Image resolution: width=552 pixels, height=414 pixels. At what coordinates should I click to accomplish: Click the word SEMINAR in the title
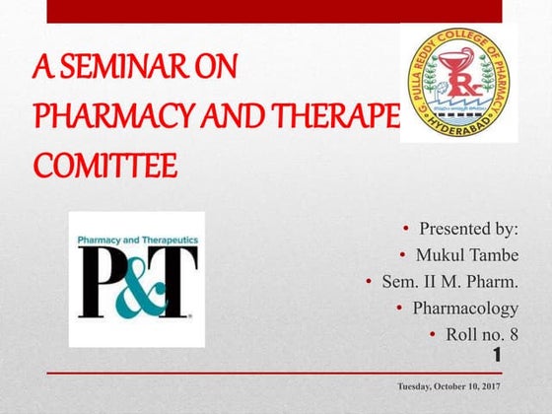pyautogui.click(x=127, y=71)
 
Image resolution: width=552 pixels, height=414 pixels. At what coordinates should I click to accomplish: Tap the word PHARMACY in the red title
pyautogui.click(x=100, y=116)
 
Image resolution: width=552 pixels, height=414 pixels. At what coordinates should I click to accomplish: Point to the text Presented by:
pyautogui.click(x=469, y=229)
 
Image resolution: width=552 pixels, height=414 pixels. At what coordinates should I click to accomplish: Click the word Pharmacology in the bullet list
pyautogui.click(x=464, y=309)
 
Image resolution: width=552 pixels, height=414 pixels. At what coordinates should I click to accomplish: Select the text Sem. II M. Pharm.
pyautogui.click(x=449, y=282)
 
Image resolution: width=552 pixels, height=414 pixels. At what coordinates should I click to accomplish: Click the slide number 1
pyautogui.click(x=497, y=354)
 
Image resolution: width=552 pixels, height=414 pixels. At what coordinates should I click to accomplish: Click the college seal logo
pyautogui.click(x=458, y=83)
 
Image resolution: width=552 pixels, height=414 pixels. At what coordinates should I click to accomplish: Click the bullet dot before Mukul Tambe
pyautogui.click(x=405, y=255)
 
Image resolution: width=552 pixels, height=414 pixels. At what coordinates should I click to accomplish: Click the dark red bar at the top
pyautogui.click(x=275, y=11)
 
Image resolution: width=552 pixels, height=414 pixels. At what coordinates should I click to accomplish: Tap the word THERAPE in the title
pyautogui.click(x=339, y=116)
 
